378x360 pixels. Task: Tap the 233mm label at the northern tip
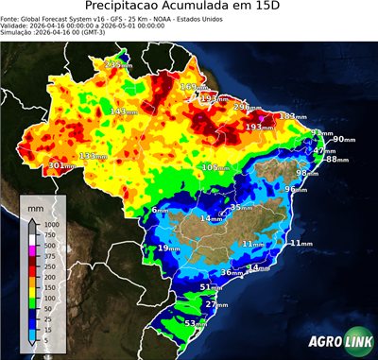pyautogui.click(x=117, y=64)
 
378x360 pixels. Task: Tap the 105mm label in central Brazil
pyautogui.click(x=215, y=167)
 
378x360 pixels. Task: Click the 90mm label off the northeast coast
pyautogui.click(x=343, y=140)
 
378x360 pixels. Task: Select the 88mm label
pyautogui.click(x=336, y=160)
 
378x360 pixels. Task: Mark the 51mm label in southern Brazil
pyautogui.click(x=212, y=287)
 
